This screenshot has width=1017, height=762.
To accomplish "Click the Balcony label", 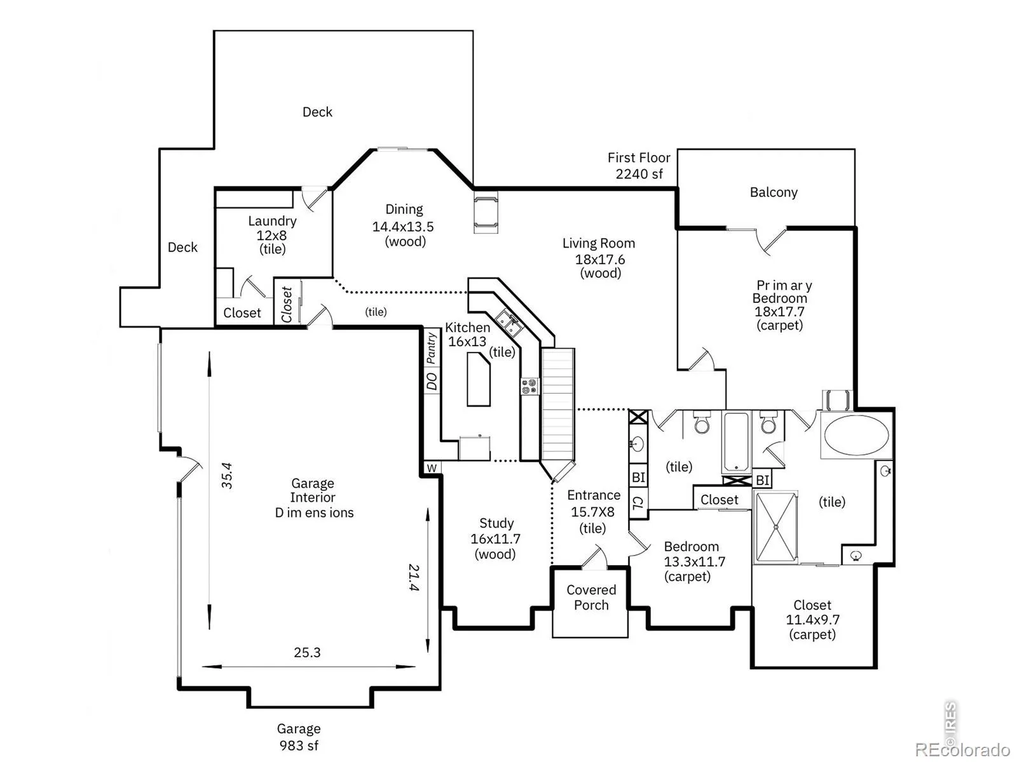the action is (774, 192).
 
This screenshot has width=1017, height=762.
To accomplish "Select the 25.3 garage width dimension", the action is (307, 652).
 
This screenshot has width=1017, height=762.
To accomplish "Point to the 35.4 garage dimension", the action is (226, 475).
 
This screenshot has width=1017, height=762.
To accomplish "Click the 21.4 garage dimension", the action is (414, 577).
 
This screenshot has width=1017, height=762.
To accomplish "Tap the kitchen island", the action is (478, 379).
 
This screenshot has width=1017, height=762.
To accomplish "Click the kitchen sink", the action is (508, 323).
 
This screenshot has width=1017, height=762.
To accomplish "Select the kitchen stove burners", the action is (529, 387).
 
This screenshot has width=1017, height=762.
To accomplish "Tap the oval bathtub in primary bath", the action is (856, 435).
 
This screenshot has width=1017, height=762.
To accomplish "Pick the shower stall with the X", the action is (775, 527).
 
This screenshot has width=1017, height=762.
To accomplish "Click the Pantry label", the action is (431, 348).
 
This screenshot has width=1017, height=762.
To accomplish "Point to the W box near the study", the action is (432, 468).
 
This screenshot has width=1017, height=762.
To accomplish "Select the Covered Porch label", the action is (591, 598).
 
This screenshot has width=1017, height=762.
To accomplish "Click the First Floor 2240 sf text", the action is (639, 166).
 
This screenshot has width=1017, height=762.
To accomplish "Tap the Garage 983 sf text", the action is (299, 737).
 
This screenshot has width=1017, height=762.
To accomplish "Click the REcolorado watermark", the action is (963, 749).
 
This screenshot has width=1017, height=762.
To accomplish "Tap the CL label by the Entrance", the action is (638, 502).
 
